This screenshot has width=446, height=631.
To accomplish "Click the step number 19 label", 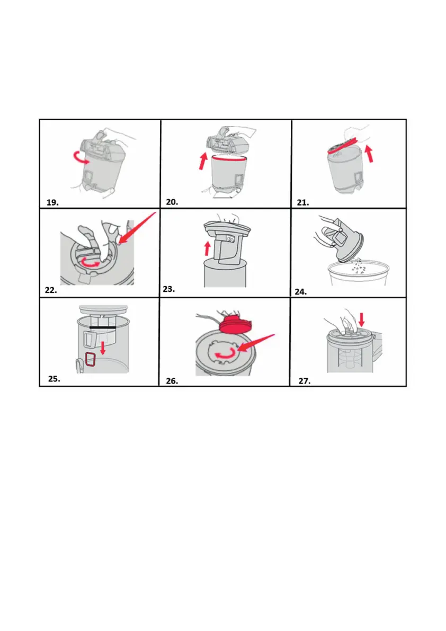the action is point(52,202).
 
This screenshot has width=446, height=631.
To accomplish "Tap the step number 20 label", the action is point(172,202).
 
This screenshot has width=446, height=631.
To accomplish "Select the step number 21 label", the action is point(303,203).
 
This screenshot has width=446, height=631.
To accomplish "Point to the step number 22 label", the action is point(51,290).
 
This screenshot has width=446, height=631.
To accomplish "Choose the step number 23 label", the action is point(169,289).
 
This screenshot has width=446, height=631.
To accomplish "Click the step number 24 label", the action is point(301,292).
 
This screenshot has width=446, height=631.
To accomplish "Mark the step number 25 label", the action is point(54,379).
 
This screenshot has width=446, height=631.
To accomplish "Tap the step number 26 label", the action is point(172,381).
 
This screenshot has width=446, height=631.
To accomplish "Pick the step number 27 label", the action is point(305,381).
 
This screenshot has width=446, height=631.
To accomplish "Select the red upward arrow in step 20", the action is point(203,161).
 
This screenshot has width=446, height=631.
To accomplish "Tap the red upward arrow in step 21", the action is point(369,154).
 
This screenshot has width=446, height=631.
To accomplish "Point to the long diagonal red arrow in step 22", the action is point(138,228).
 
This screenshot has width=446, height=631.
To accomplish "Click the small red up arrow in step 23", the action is point(207,248).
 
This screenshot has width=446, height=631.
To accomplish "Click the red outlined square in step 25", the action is point(91,359).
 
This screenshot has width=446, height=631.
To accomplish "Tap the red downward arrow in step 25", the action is point(103,348).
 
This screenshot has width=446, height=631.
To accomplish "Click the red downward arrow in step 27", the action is point(362,321).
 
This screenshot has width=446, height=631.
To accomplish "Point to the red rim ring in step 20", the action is point(229,159).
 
